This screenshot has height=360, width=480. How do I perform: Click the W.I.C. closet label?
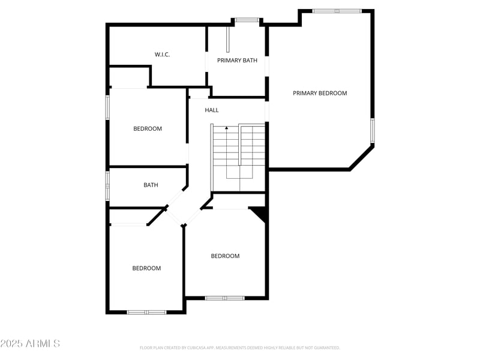(x=162, y=55)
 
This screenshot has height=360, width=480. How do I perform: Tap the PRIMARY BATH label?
(x=237, y=60)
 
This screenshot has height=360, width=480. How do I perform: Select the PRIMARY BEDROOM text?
(x=320, y=93)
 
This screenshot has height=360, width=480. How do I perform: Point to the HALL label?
(x=212, y=110)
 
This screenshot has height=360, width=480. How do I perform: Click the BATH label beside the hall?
(x=151, y=185)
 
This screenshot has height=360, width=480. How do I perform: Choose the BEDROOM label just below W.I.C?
(x=148, y=129)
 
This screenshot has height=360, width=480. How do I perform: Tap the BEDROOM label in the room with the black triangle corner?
(x=225, y=256)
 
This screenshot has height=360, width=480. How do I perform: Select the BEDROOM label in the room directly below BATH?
(x=146, y=268)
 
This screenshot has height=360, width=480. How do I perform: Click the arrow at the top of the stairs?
(x=226, y=128)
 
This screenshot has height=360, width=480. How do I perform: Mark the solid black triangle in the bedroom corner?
(x=260, y=212)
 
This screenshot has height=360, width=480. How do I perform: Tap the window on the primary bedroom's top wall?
(x=337, y=11)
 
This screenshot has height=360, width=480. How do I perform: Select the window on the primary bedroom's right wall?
(x=372, y=130)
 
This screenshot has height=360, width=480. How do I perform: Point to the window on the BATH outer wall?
(x=108, y=185)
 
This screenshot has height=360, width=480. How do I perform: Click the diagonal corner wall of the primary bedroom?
(x=361, y=157)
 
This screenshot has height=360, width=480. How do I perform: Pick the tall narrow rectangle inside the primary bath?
(x=227, y=38)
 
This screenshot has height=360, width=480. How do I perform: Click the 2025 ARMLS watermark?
(x=30, y=344)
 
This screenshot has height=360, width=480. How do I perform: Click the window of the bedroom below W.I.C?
(x=108, y=108)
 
